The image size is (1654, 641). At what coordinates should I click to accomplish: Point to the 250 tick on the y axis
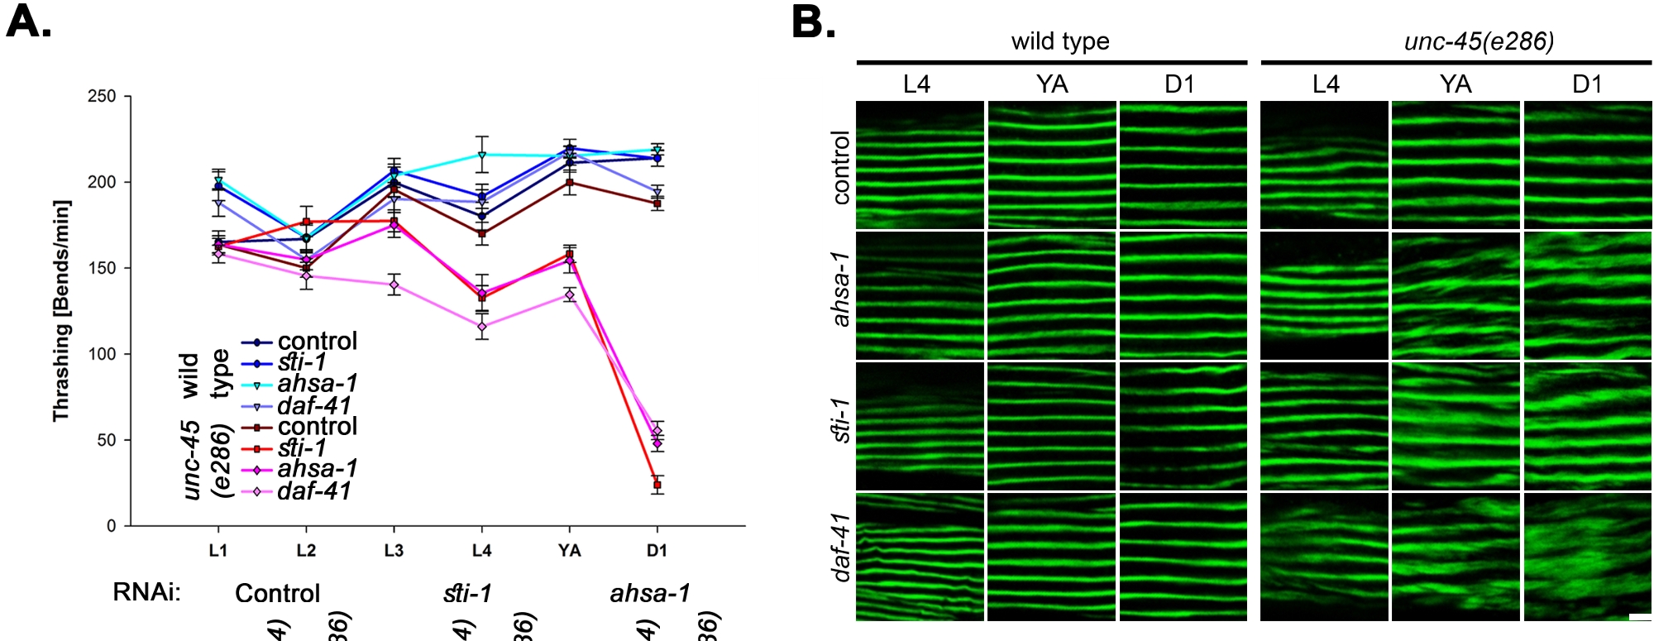tap(102, 97)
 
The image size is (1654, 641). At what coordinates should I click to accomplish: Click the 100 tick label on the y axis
tap(102, 354)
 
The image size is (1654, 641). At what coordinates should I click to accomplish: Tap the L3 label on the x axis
tap(394, 551)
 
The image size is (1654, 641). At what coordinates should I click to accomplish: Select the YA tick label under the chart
tap(569, 551)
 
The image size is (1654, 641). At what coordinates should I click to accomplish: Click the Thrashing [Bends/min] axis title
tap(61, 310)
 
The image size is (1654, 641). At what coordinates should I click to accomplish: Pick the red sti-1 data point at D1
tap(657, 486)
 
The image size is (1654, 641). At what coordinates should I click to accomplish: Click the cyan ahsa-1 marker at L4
tap(481, 155)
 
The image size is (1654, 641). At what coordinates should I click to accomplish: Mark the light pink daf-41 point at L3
tap(394, 285)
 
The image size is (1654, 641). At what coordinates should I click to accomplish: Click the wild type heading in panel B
tap(1060, 41)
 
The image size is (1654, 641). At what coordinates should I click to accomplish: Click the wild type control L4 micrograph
tap(920, 165)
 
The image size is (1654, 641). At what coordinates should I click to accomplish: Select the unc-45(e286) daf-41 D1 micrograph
tap(1587, 557)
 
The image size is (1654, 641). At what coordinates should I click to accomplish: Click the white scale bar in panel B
tap(1640, 617)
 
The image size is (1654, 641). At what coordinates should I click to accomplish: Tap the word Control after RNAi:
tap(277, 593)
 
